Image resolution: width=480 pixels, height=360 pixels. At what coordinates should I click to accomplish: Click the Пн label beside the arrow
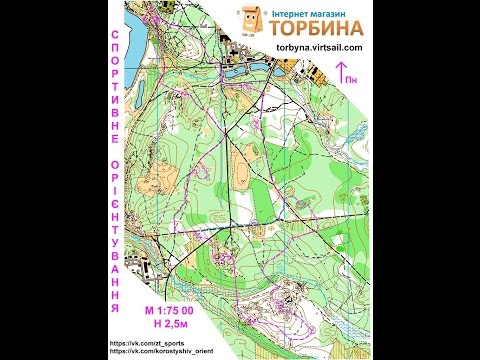(356, 76)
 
